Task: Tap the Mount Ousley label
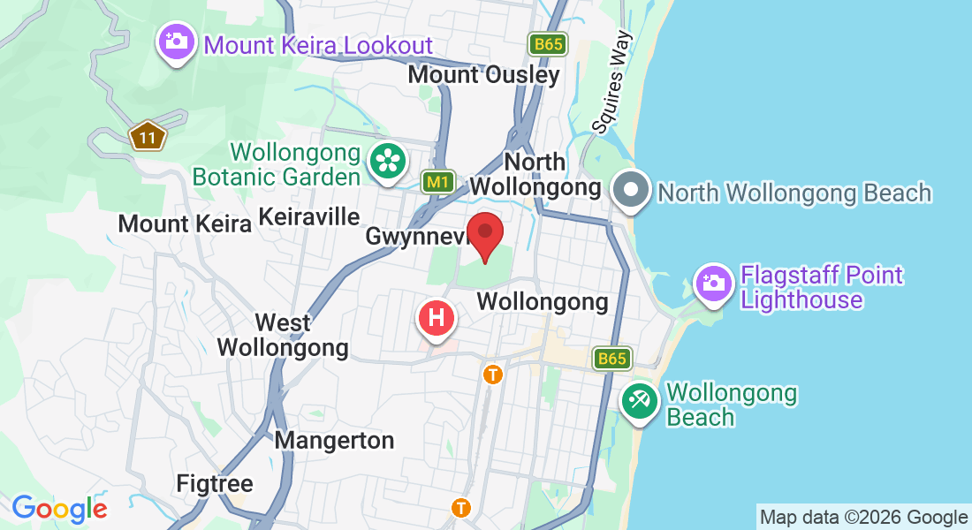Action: pos(483,75)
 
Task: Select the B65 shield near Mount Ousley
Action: pos(548,44)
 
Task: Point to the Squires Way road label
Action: pos(612,82)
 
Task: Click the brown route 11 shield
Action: pos(148,137)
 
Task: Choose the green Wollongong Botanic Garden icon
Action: pos(387,161)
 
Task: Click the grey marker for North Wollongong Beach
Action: pos(632,191)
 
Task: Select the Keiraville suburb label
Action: pos(308,216)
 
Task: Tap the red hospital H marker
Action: pos(436,318)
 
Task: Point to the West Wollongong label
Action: pos(283,335)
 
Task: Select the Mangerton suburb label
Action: pos(334,440)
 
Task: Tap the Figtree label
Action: pos(215,484)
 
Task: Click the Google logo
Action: pos(59,509)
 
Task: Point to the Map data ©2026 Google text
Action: pos(863,518)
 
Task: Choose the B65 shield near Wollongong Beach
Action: pos(611,359)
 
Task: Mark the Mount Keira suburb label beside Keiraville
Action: pos(185,223)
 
